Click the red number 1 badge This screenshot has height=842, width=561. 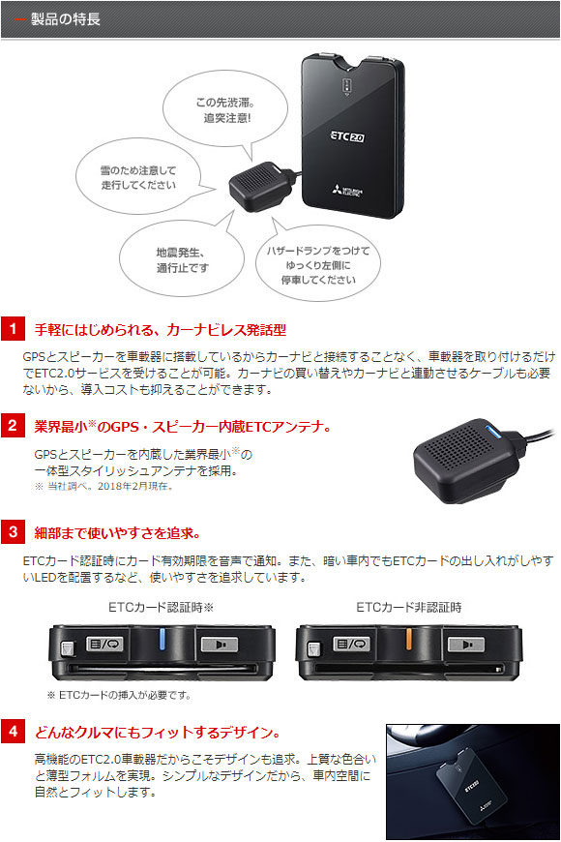pyautogui.click(x=13, y=329)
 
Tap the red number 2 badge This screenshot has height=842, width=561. pyautogui.click(x=13, y=425)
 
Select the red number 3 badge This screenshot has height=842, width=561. pyautogui.click(x=13, y=532)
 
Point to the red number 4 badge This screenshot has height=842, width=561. pyautogui.click(x=13, y=732)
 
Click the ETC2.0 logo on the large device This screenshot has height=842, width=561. pyautogui.click(x=347, y=136)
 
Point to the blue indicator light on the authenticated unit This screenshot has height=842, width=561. pyautogui.click(x=162, y=640)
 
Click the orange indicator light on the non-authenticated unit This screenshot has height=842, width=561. pyautogui.click(x=409, y=639)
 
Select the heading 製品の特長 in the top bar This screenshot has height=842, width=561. pyautogui.click(x=66, y=19)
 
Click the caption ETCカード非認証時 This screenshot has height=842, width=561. pyautogui.click(x=408, y=608)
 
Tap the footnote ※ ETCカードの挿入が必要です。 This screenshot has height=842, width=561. pyautogui.click(x=119, y=696)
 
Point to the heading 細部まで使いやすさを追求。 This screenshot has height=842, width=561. pyautogui.click(x=118, y=532)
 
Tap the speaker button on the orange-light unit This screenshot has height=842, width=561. pyautogui.click(x=466, y=644)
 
